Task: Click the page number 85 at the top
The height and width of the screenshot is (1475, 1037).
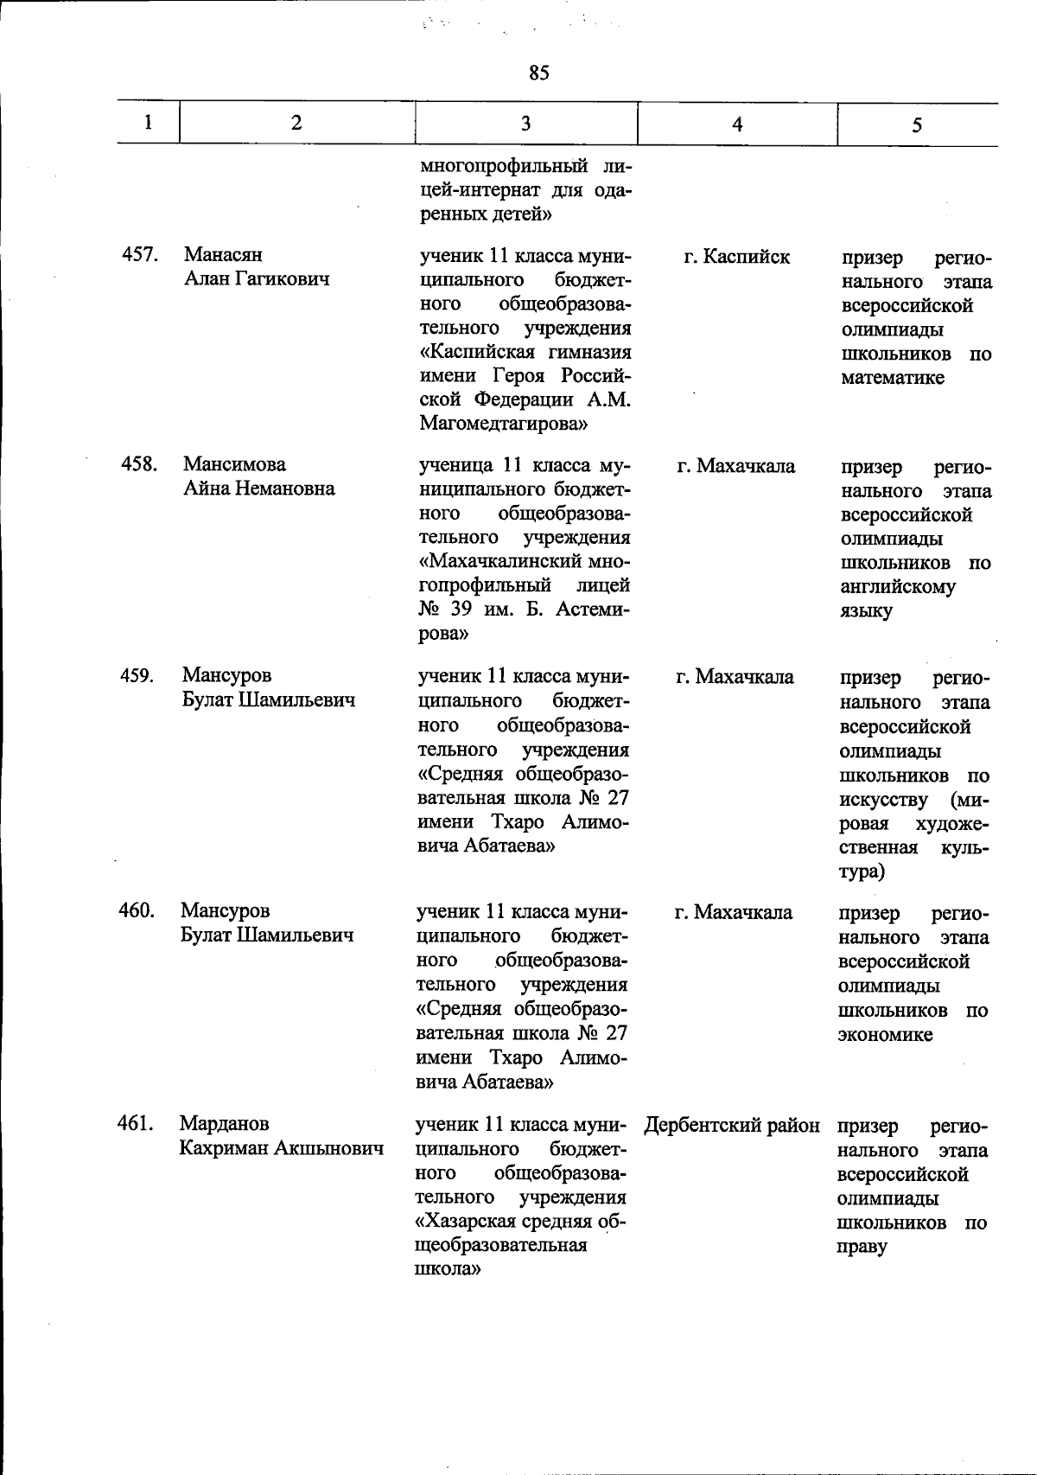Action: click(x=538, y=73)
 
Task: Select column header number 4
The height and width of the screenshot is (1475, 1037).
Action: click(x=736, y=124)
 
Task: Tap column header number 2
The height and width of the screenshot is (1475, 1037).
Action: click(x=296, y=122)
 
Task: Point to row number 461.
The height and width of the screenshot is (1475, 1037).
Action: click(x=136, y=1123)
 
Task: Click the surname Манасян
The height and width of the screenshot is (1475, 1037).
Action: click(x=223, y=255)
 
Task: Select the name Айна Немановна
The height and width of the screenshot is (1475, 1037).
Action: click(x=258, y=488)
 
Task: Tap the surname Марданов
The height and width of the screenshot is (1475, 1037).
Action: click(x=225, y=1124)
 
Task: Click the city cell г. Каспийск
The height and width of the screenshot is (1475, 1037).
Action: click(x=736, y=257)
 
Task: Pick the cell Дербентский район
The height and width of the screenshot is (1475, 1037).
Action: click(x=732, y=1126)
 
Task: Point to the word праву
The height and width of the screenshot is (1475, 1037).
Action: click(x=862, y=1248)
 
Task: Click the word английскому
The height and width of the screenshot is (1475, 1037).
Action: click(x=898, y=587)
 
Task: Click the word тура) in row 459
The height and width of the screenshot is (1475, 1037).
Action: click(x=861, y=871)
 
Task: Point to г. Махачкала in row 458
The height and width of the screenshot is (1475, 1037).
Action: click(x=736, y=467)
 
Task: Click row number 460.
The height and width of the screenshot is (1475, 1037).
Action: click(x=137, y=910)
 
